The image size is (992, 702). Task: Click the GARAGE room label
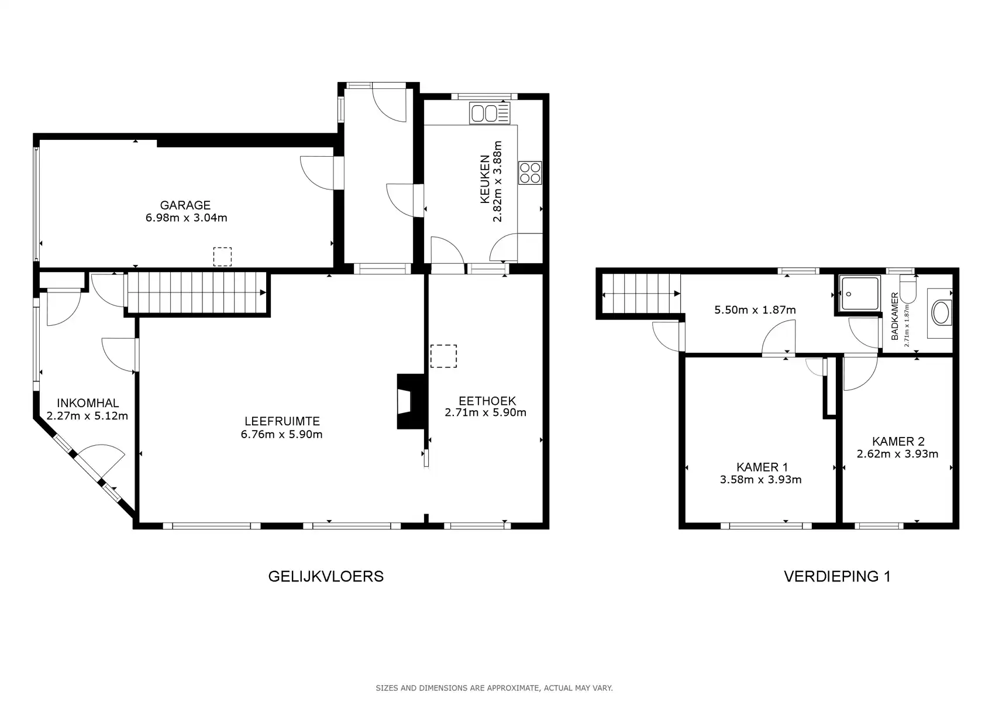pyautogui.click(x=185, y=205)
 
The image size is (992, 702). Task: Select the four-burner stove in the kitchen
pyautogui.click(x=531, y=173)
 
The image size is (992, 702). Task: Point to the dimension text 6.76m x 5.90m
pyautogui.click(x=281, y=435)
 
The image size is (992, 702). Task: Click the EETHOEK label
pyautogui.click(x=487, y=401)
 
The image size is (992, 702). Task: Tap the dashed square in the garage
pyautogui.click(x=222, y=257)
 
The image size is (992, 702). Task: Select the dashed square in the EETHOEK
pyautogui.click(x=443, y=356)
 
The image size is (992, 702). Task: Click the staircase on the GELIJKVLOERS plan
pyautogui.click(x=196, y=293)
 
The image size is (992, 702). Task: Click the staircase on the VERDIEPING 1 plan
pyautogui.click(x=641, y=294)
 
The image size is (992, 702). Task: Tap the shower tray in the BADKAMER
pyautogui.click(x=859, y=293)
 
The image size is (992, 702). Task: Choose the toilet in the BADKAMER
pyautogui.click(x=908, y=290)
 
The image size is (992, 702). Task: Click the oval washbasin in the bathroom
pyautogui.click(x=941, y=313)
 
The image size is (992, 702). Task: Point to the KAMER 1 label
pyautogui.click(x=762, y=467)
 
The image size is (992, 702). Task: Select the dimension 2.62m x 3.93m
pyautogui.click(x=897, y=454)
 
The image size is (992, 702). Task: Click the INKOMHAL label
pyautogui.click(x=88, y=403)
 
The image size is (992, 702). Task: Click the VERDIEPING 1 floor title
pyautogui.click(x=836, y=577)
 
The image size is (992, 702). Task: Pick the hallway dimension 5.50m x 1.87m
pyautogui.click(x=755, y=310)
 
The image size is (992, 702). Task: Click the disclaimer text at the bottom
pyautogui.click(x=494, y=689)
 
